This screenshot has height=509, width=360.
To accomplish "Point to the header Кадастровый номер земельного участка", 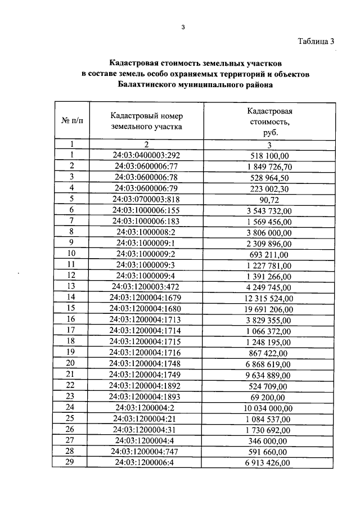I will pyautogui.click(x=147, y=121).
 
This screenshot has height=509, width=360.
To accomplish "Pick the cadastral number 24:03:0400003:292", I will pyautogui.click(x=147, y=155).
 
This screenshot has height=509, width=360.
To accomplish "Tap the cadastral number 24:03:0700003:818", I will pyautogui.click(x=147, y=199).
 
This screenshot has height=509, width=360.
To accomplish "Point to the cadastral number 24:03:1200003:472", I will pyautogui.click(x=147, y=286).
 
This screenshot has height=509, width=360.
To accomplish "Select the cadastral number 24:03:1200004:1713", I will pyautogui.click(x=147, y=319).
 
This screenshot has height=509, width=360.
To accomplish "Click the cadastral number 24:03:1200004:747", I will pyautogui.click(x=147, y=451).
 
